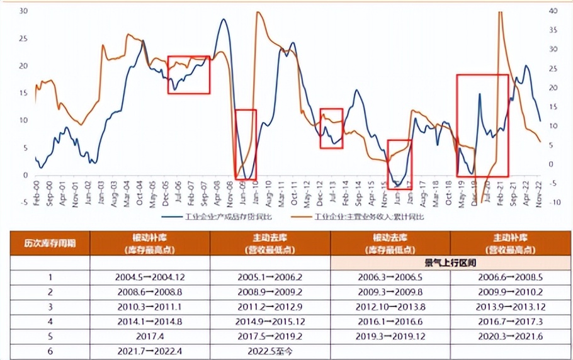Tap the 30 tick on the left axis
(x=23, y=11)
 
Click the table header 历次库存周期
(x=50, y=243)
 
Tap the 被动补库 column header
(x=149, y=243)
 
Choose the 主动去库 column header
(x=270, y=243)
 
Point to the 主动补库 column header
(x=511, y=243)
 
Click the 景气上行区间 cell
(x=450, y=262)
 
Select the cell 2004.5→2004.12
(x=149, y=277)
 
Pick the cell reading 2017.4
(x=149, y=337)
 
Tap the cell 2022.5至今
(x=270, y=352)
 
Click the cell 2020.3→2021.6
(x=511, y=337)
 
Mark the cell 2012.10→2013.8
(x=390, y=307)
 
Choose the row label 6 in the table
(x=50, y=352)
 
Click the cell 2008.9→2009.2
(x=270, y=292)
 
